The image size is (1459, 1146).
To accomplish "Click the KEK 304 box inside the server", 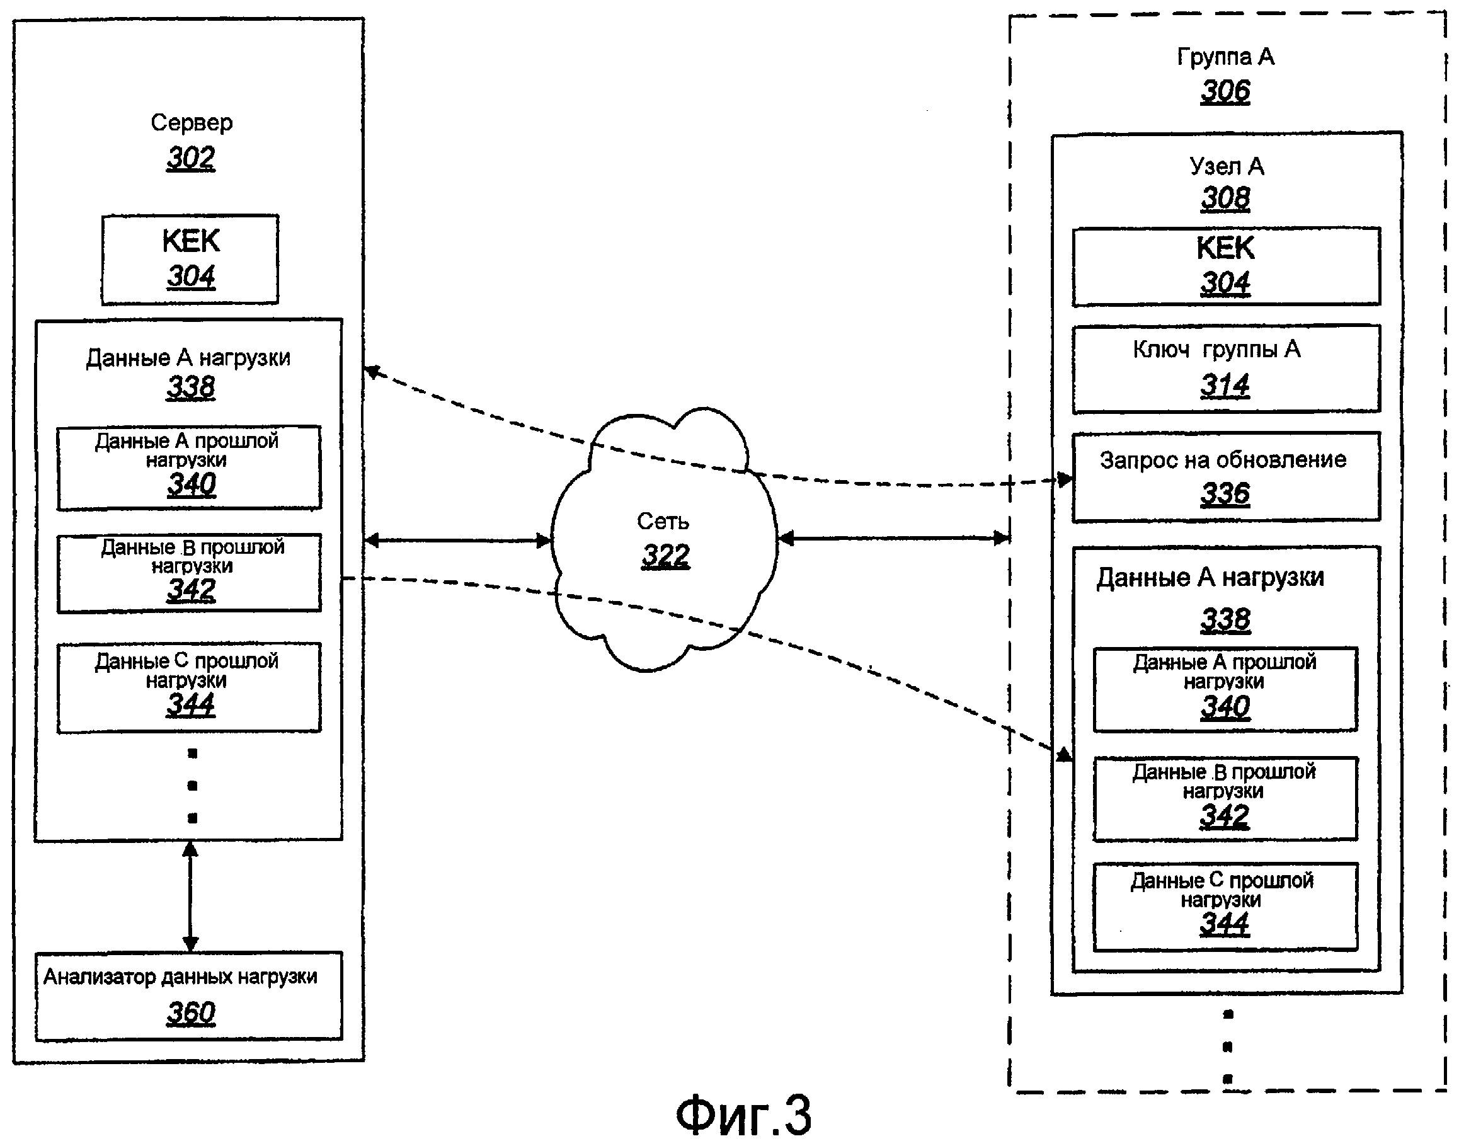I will [190, 260].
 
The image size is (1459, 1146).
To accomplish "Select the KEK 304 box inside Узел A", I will [1225, 266].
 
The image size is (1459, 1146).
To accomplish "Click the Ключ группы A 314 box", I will [1225, 369].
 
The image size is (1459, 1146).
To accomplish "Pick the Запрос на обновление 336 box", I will [1225, 476].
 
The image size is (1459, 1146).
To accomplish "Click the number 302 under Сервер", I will [190, 158].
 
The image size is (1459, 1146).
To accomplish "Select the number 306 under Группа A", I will [1225, 91].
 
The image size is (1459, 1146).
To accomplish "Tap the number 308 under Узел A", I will [1225, 198].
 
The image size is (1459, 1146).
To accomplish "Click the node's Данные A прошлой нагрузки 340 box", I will [1225, 689].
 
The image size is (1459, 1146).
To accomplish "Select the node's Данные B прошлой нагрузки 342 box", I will [1225, 798].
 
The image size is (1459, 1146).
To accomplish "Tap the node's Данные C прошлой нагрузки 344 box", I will [1225, 907].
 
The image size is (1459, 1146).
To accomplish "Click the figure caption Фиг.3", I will [743, 1114].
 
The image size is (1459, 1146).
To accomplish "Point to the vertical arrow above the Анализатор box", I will [190, 896].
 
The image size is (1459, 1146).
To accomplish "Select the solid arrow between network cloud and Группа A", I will [893, 538].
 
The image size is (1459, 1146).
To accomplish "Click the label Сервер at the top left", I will [191, 123].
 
